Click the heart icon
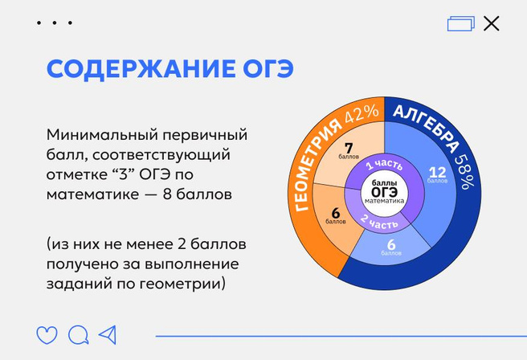(47, 335)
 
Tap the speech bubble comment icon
(78, 335)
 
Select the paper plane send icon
(108, 334)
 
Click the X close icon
(492, 23)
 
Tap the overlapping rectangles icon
(461, 23)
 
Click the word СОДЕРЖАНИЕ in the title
(141, 69)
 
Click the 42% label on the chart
(362, 114)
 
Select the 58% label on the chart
(465, 172)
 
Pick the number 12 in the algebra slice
(437, 173)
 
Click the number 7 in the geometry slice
(349, 148)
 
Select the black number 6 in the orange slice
(336, 213)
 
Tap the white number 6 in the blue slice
(391, 245)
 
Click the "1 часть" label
(384, 165)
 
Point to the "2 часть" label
(379, 222)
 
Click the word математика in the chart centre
(385, 201)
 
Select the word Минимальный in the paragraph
(102, 135)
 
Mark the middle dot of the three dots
(55, 22)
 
